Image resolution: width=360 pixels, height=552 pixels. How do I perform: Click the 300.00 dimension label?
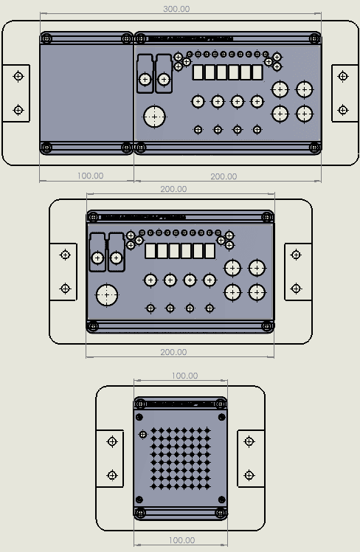[177, 9]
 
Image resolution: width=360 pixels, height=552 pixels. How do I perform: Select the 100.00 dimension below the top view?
[90, 176]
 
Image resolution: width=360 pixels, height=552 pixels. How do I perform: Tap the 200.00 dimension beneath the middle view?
[173, 353]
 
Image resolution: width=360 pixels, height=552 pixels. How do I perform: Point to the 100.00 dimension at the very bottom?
[181, 540]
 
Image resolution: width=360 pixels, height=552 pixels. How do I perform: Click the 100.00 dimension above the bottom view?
[184, 376]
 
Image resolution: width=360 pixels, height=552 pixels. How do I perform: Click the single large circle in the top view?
[154, 117]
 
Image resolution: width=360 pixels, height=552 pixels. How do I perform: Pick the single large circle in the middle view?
[107, 295]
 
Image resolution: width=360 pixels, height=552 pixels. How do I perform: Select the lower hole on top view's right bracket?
[342, 110]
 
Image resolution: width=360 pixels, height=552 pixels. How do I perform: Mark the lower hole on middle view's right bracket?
[297, 288]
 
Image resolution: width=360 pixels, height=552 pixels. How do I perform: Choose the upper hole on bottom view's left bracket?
[112, 441]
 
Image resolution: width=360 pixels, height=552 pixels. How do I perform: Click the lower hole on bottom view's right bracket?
[250, 475]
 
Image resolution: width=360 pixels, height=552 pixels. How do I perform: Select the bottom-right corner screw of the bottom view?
[221, 511]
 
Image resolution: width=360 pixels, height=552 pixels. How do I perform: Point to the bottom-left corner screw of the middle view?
[93, 325]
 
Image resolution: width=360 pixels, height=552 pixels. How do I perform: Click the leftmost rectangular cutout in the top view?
[198, 72]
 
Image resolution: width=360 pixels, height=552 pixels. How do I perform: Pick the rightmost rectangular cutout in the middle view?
[210, 251]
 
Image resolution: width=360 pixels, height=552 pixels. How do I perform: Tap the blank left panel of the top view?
[86, 92]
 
